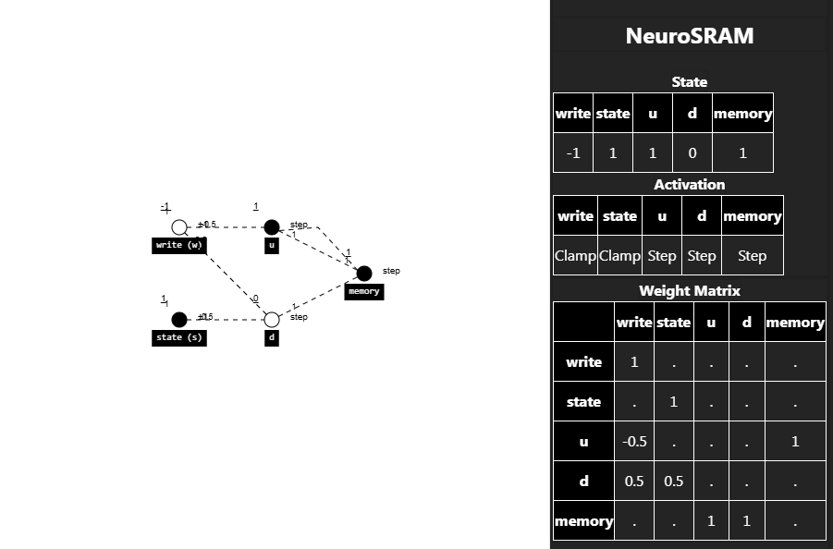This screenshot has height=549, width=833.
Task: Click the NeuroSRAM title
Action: (689, 36)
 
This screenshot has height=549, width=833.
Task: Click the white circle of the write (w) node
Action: (179, 227)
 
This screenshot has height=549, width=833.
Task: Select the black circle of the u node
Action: (271, 227)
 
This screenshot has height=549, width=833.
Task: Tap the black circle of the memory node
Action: (364, 274)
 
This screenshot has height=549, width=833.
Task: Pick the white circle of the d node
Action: (272, 320)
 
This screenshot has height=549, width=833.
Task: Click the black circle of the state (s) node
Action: (179, 320)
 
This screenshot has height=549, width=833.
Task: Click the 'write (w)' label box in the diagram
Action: (179, 245)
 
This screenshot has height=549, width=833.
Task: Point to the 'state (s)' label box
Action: (179, 337)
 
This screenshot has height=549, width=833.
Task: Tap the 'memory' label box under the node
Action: (364, 291)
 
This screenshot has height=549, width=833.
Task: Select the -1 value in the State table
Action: (573, 153)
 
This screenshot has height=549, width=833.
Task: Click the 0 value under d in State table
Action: (692, 153)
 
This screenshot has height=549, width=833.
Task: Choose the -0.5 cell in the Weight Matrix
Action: (634, 442)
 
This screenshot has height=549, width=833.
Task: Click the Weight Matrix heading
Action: (689, 290)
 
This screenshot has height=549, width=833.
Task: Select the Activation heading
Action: (689, 184)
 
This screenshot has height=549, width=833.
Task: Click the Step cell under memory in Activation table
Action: (752, 256)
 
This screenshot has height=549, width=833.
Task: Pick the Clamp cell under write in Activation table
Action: (575, 256)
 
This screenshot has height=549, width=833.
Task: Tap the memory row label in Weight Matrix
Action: (583, 521)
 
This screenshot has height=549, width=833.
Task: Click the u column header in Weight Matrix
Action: (711, 323)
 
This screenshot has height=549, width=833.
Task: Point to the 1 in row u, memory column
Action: (795, 442)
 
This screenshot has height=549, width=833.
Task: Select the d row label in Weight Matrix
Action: (583, 482)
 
